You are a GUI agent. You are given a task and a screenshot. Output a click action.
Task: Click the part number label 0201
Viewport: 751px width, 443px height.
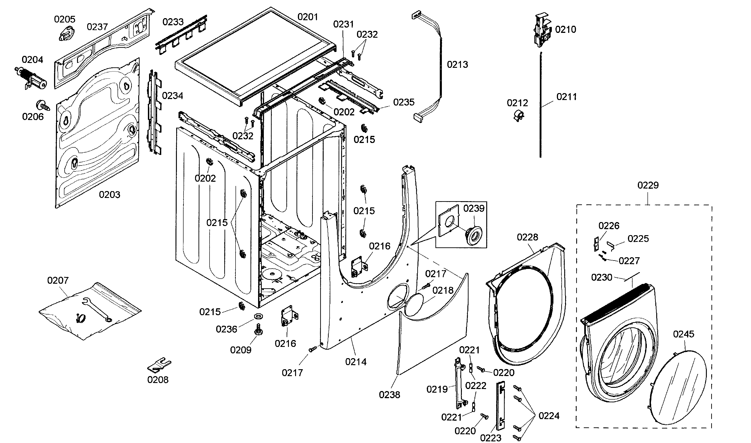pos(308,17)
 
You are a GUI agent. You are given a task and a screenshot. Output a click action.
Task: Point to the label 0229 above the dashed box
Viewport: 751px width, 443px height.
pos(648,185)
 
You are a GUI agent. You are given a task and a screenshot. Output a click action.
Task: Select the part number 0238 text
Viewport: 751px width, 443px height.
pos(389,395)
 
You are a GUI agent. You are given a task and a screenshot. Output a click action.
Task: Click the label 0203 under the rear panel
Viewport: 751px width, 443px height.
pos(109,195)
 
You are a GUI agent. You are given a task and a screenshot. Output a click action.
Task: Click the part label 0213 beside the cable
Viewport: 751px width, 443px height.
pos(457,64)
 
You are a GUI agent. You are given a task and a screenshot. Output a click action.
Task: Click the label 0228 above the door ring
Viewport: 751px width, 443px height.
pos(527,237)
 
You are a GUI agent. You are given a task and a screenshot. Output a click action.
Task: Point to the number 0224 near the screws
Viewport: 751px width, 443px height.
pos(549,416)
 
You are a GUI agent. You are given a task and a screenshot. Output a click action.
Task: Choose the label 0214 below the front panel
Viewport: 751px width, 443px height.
pos(356,362)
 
